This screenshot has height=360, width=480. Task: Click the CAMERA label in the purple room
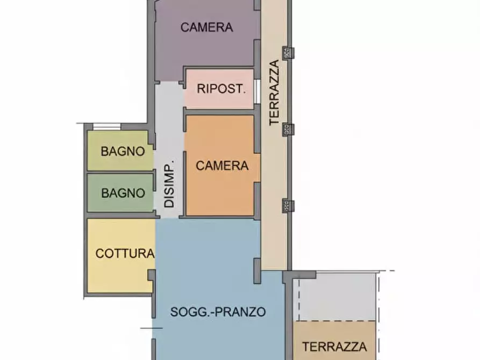click(206, 27)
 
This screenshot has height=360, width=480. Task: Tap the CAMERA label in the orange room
click(222, 166)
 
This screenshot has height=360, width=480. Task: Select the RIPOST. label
click(221, 89)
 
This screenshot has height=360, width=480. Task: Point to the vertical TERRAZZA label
click(275, 93)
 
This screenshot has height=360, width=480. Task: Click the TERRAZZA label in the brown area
click(334, 347)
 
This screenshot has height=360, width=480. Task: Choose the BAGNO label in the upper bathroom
click(123, 152)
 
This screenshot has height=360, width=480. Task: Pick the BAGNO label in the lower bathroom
click(123, 192)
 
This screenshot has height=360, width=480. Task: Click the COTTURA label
click(125, 254)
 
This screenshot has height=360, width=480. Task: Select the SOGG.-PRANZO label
click(218, 312)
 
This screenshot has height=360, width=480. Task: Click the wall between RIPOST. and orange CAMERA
click(219, 111)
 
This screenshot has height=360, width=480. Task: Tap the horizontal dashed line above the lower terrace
click(344, 271)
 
